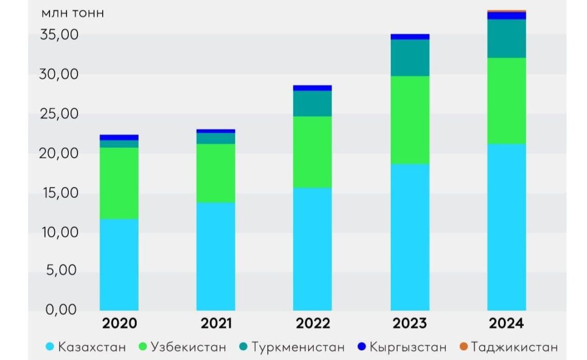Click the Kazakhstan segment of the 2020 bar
(x=119, y=264)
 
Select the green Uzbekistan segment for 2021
(x=216, y=173)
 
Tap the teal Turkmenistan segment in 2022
(x=312, y=103)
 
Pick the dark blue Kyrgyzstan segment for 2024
(x=507, y=15)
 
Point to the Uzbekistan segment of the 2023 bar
(x=410, y=119)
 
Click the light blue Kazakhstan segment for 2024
(x=507, y=227)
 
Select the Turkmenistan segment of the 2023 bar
(x=410, y=57)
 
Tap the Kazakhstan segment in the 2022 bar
(x=312, y=249)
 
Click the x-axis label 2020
(x=119, y=324)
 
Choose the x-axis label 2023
(x=410, y=324)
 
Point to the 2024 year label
(x=507, y=324)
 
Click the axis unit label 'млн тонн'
(x=73, y=13)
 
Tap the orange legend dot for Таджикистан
(x=463, y=347)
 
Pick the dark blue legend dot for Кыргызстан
(x=361, y=347)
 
